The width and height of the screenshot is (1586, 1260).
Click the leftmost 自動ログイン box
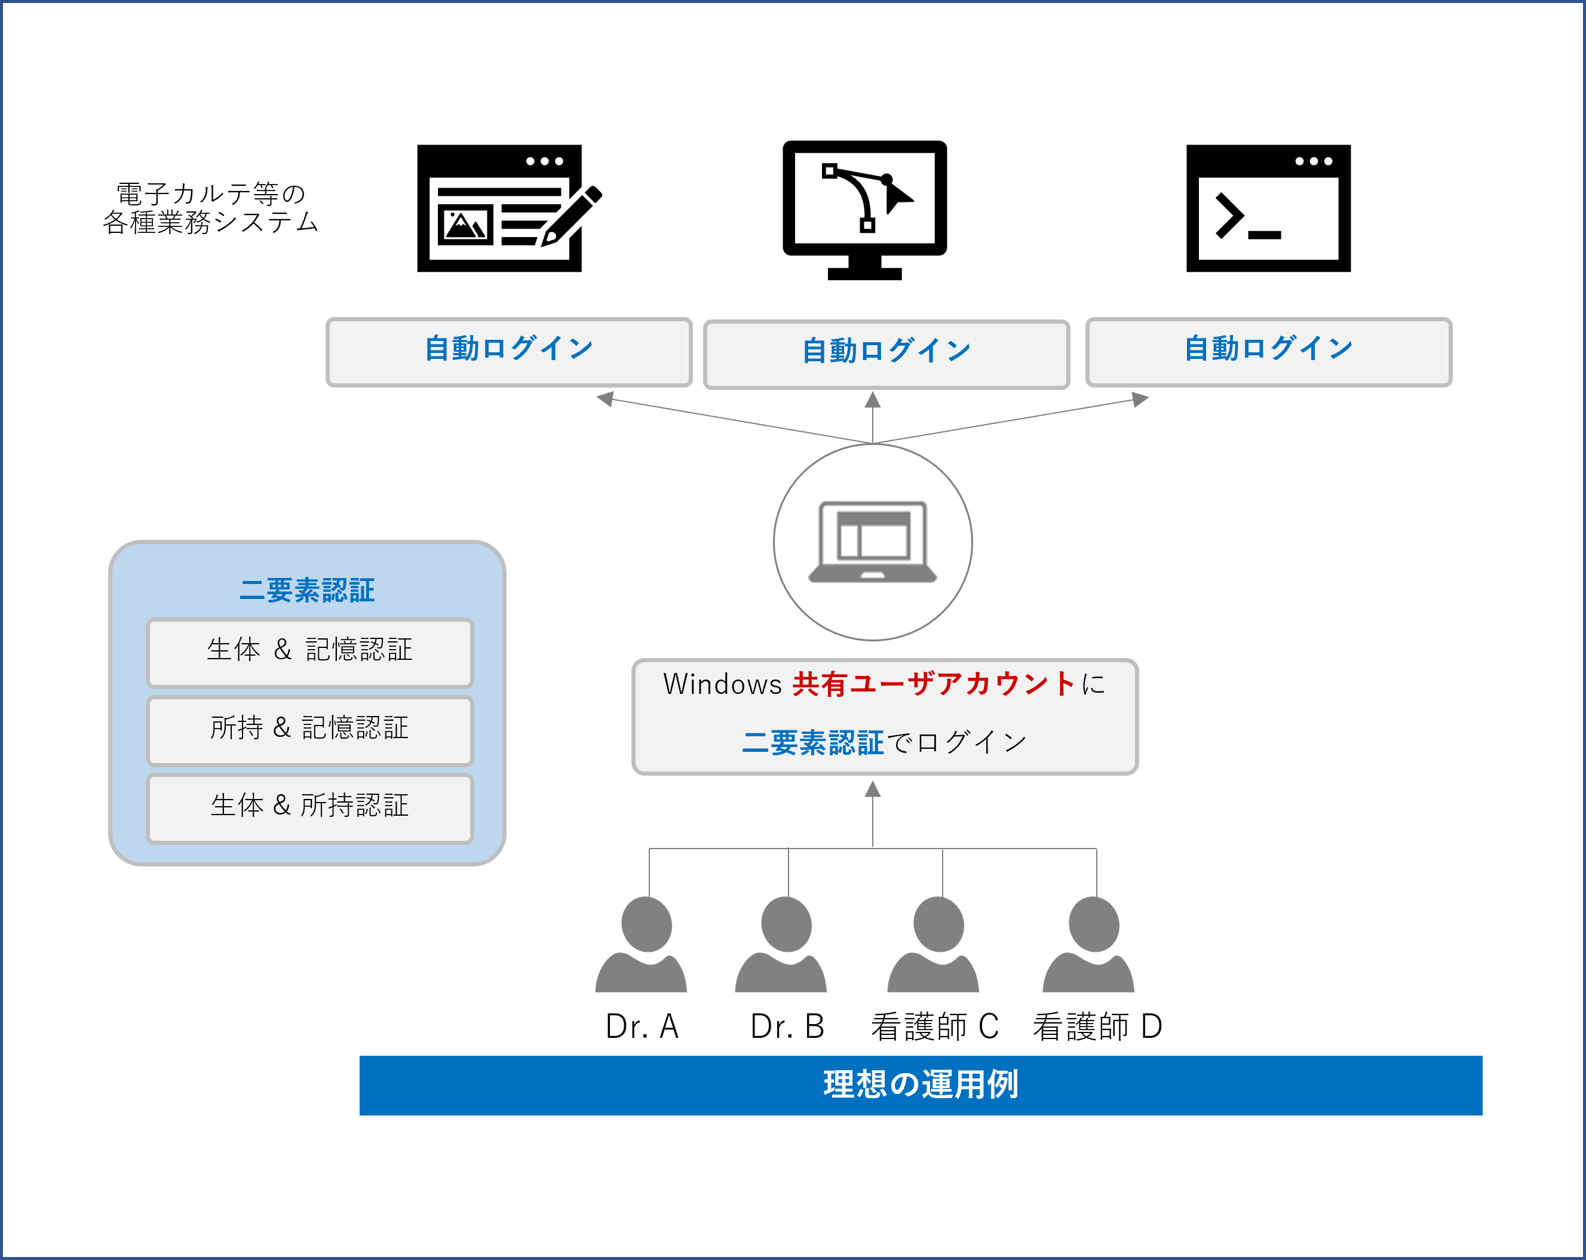click(509, 352)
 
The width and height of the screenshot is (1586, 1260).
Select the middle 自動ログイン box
click(886, 354)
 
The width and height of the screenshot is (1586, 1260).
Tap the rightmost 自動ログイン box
click(1268, 352)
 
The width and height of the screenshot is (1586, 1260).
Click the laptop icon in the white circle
click(872, 542)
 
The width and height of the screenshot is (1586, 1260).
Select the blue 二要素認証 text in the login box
click(812, 743)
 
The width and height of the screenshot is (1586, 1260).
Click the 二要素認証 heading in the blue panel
click(307, 590)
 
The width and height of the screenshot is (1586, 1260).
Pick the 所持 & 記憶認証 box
click(309, 730)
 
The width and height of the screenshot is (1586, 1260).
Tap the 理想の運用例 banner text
click(921, 1085)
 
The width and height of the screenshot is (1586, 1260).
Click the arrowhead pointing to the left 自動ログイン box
click(605, 399)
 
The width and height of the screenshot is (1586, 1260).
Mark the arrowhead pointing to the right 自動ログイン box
click(1140, 399)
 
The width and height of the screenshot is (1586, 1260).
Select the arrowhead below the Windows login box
click(872, 789)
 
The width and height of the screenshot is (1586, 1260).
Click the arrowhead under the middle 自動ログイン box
click(872, 399)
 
